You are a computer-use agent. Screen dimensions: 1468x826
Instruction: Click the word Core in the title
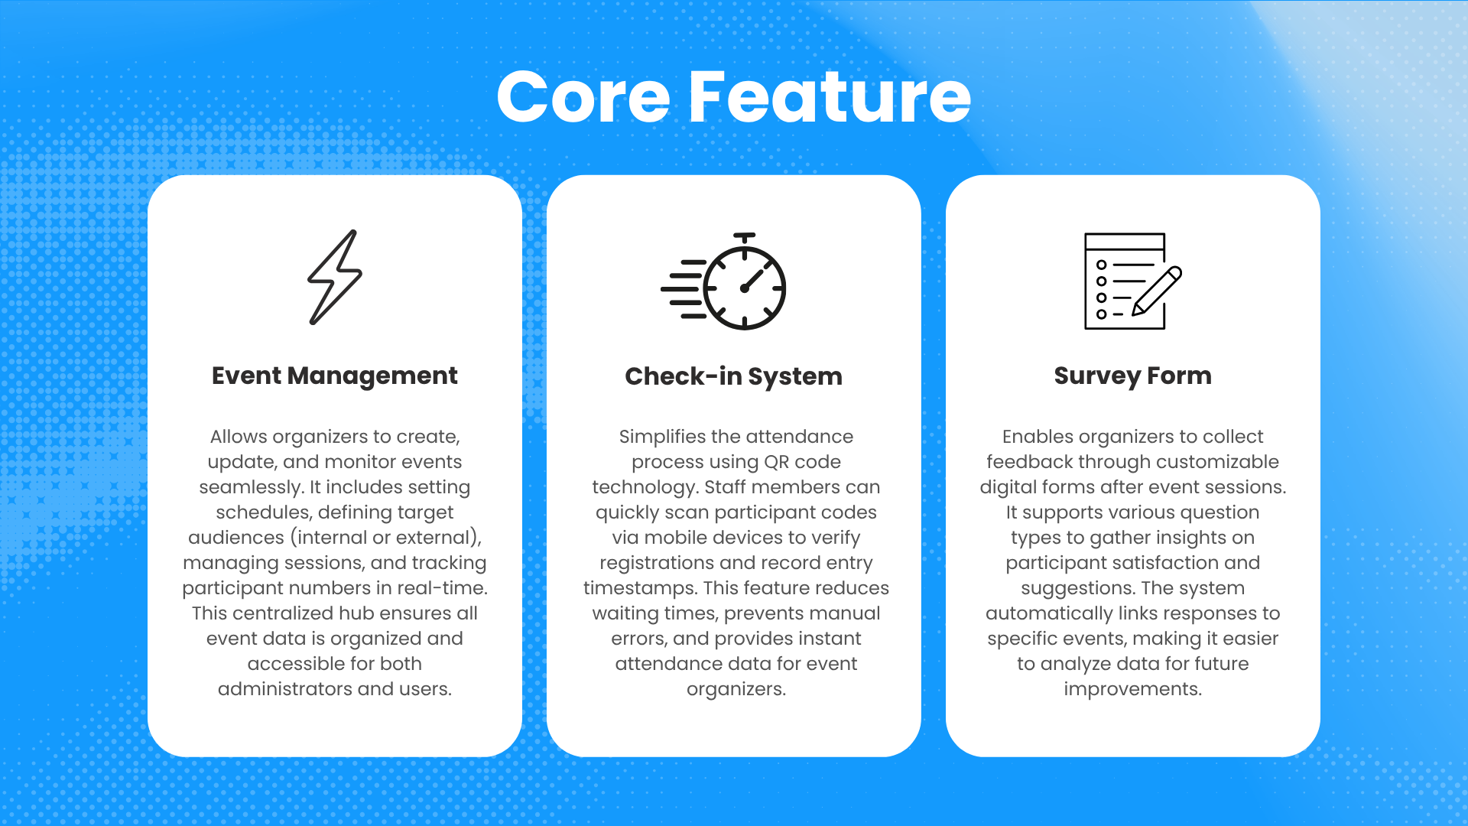pos(583,97)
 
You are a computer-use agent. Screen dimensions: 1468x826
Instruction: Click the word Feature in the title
pos(830,97)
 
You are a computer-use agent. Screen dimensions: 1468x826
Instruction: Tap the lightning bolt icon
pos(335,277)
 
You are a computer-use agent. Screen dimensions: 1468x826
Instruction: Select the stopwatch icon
pos(724,281)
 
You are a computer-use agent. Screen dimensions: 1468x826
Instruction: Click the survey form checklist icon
pos(1132,281)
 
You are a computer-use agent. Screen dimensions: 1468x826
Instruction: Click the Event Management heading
pos(335,376)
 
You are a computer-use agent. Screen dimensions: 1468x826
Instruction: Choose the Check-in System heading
pos(734,376)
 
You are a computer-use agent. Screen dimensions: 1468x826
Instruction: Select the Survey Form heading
pos(1132,376)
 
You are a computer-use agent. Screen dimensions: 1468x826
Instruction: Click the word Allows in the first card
pos(239,437)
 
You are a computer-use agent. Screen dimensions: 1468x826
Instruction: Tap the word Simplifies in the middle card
pos(662,437)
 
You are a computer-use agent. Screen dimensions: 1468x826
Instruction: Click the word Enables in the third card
pos(1038,437)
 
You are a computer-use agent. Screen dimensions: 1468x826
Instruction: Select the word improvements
pos(1132,689)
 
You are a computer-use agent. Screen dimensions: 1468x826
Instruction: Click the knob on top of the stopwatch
pos(744,238)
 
